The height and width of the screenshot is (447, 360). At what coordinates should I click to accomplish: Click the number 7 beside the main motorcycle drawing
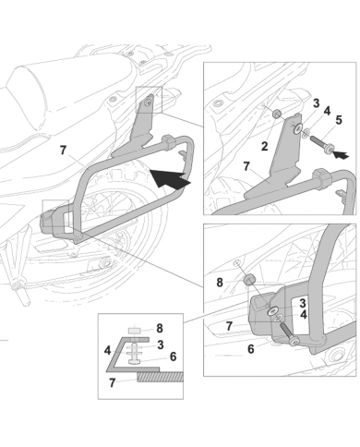click(63, 151)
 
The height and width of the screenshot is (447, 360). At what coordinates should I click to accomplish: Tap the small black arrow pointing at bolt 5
click(342, 154)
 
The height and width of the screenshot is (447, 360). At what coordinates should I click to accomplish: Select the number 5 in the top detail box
click(339, 120)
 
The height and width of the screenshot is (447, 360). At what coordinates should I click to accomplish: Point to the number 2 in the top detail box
click(264, 146)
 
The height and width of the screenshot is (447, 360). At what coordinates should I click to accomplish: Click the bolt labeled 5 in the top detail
click(322, 145)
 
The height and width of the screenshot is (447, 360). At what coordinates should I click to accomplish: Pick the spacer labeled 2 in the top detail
click(277, 115)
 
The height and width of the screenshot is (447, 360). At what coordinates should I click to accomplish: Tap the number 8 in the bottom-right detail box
click(220, 283)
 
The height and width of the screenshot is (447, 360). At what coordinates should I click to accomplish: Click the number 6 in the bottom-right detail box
click(251, 349)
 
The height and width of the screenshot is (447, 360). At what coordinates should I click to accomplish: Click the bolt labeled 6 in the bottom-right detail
click(288, 333)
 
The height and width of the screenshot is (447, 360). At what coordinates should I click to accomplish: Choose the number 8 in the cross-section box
click(160, 329)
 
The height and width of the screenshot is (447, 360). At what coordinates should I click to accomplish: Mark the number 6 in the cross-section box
click(174, 356)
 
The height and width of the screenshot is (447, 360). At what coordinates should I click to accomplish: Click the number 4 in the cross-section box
click(107, 351)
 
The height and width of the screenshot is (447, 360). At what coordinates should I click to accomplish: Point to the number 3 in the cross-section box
click(161, 345)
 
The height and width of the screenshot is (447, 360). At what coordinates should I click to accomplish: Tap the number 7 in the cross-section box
click(113, 383)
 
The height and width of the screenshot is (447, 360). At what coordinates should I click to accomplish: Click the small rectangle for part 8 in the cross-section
click(135, 332)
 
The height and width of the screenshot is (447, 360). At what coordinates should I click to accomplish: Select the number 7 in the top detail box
click(246, 166)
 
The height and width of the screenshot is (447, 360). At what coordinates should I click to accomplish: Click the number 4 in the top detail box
click(328, 111)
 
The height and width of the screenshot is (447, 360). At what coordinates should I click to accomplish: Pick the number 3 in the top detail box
click(316, 103)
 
